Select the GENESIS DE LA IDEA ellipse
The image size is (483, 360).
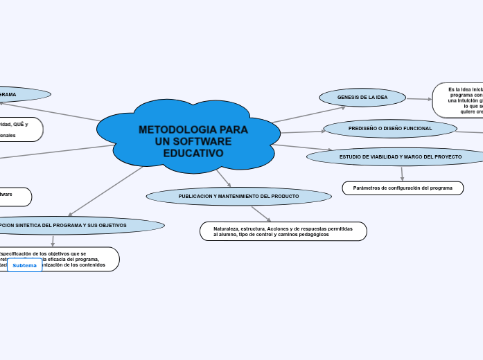coord(362,98)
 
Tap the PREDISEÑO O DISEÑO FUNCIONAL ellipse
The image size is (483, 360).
coord(390,129)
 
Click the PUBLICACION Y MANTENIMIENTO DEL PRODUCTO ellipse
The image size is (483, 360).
coord(238,197)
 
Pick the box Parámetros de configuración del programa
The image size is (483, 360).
coord(403,188)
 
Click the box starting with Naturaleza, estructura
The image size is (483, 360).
coord(283,231)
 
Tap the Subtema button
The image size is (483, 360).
coord(24,265)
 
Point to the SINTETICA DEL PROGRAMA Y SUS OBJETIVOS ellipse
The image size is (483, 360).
coord(76,226)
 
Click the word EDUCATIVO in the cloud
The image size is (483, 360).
coord(193,153)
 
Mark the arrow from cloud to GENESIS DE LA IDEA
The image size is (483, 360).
coord(308,114)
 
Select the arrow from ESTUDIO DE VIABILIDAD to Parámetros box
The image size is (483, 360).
coord(402,173)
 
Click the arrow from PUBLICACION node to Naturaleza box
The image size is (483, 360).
coord(261,214)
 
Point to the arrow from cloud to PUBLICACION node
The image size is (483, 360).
coord(223,178)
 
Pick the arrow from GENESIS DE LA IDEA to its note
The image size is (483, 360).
coord(419,99)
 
